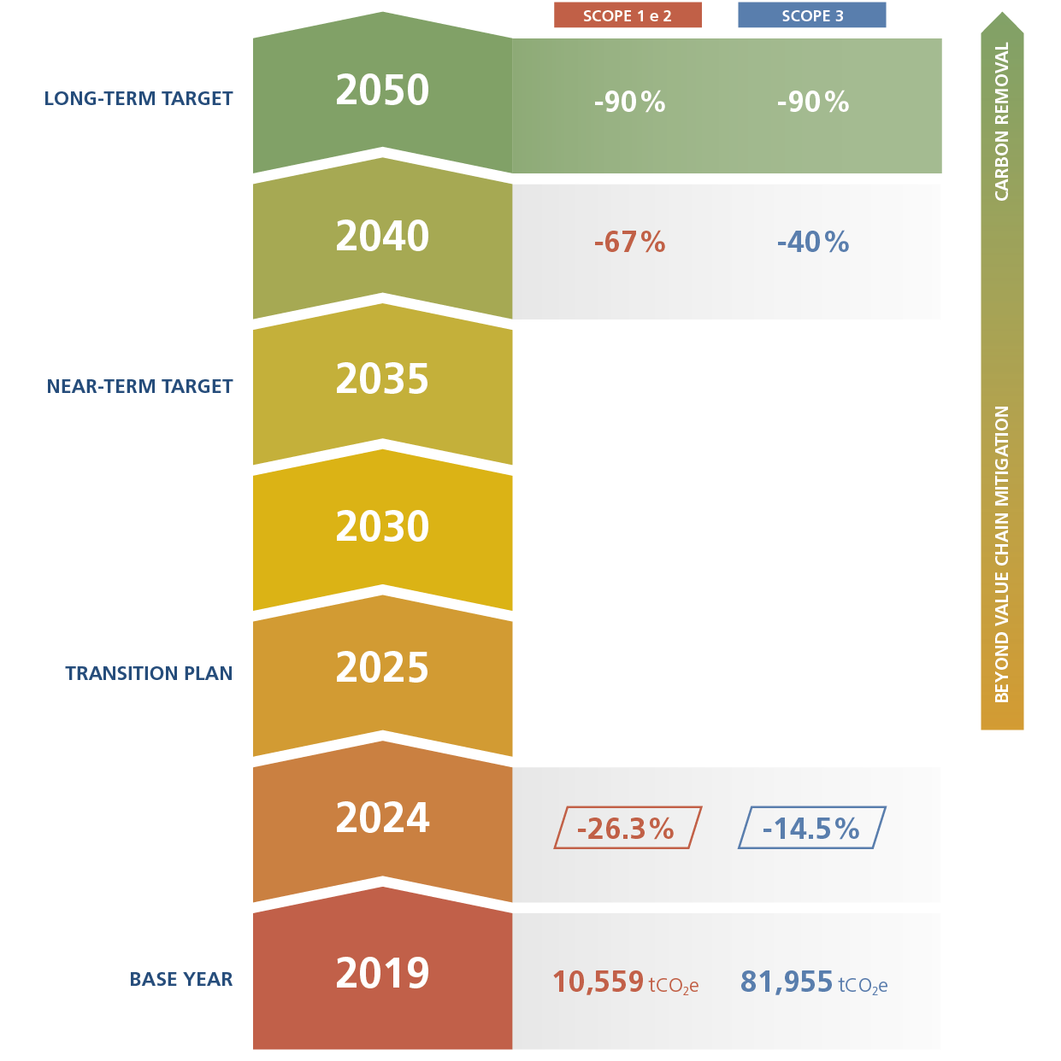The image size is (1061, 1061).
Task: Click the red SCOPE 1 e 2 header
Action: tap(628, 15)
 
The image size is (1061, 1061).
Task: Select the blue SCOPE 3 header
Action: tap(811, 15)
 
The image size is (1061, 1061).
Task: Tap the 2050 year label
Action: tap(382, 91)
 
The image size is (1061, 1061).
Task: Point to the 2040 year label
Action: tap(382, 237)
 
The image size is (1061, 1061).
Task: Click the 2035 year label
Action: tap(382, 379)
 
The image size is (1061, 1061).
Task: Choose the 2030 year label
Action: tap(382, 526)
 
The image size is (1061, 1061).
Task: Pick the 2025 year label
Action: tap(382, 668)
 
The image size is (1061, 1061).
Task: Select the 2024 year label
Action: tap(382, 818)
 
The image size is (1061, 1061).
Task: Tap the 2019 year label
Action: tap(382, 973)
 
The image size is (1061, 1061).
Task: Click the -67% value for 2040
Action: tap(629, 243)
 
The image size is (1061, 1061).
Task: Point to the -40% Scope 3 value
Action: tap(812, 243)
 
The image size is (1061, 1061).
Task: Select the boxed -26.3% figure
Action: tap(627, 829)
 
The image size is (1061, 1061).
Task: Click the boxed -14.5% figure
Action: tap(811, 829)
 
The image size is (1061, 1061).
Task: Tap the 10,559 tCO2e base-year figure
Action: tap(625, 982)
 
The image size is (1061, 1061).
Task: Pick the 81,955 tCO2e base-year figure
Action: tap(814, 982)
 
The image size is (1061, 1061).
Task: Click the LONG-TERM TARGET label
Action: tap(139, 98)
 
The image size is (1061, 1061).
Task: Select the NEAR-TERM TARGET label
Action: tap(139, 386)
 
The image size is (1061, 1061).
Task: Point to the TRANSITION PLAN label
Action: tap(149, 673)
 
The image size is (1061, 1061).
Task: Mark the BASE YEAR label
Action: tap(181, 979)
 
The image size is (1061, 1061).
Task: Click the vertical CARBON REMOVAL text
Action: tap(1002, 122)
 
